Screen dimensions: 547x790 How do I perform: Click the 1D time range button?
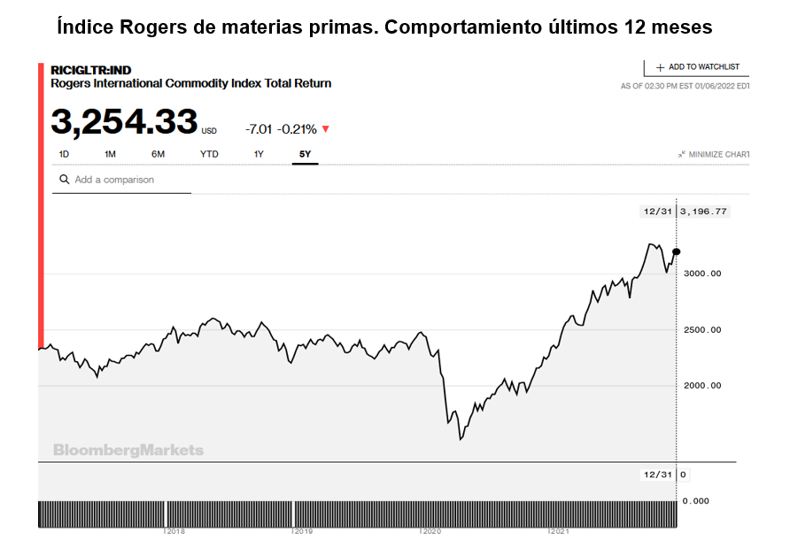(64, 154)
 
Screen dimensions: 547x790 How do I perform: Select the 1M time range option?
(110, 154)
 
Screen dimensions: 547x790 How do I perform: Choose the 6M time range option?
(158, 154)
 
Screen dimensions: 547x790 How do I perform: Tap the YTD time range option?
(209, 154)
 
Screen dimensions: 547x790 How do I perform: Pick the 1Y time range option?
(259, 154)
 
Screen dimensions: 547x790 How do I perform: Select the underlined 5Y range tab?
(305, 154)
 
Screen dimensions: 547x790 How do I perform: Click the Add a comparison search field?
(120, 180)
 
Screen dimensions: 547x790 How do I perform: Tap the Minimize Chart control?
(714, 154)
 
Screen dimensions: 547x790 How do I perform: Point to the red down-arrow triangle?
(325, 129)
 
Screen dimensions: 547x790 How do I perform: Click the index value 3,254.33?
(123, 122)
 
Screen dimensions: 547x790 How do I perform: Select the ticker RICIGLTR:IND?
(91, 70)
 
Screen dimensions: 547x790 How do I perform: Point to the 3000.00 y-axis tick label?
(703, 273)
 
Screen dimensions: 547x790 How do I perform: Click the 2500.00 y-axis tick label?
(703, 330)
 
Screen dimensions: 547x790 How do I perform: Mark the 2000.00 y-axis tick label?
(703, 386)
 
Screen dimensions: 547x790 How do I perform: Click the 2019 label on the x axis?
(304, 532)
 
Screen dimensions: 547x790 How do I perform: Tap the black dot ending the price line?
(677, 252)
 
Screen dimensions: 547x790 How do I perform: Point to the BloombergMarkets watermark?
(128, 450)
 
